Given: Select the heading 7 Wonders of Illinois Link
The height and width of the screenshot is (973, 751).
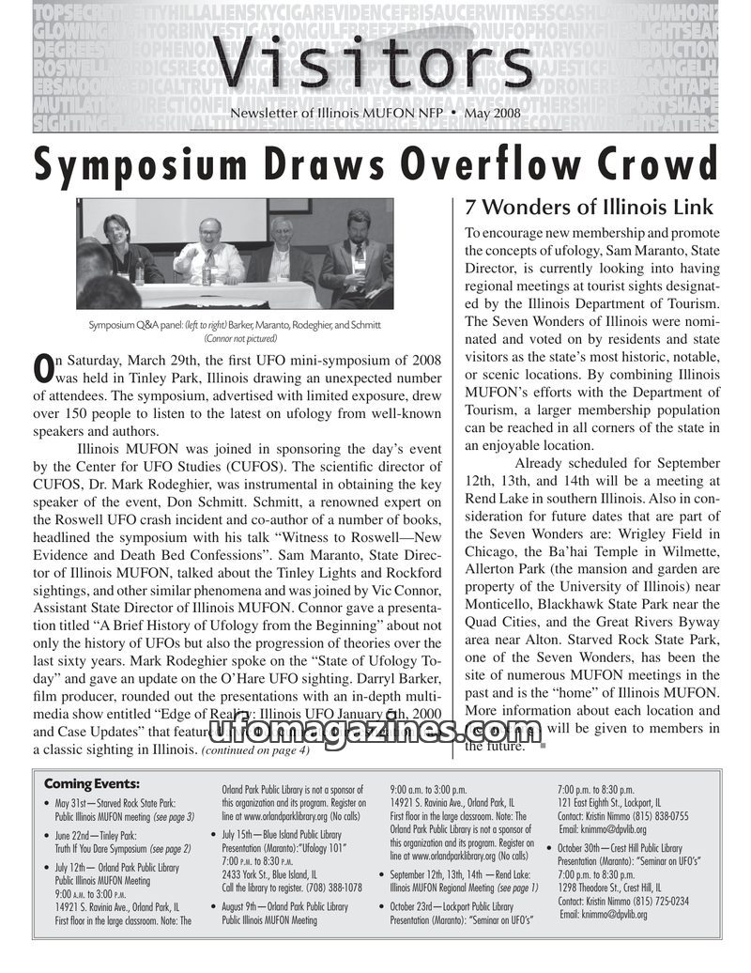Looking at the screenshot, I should click(590, 208).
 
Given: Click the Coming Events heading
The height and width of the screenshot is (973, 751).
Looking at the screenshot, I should click(91, 784).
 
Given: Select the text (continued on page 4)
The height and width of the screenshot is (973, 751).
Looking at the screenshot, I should click(254, 750).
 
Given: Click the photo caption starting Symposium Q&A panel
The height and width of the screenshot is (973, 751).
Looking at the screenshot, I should click(235, 325).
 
